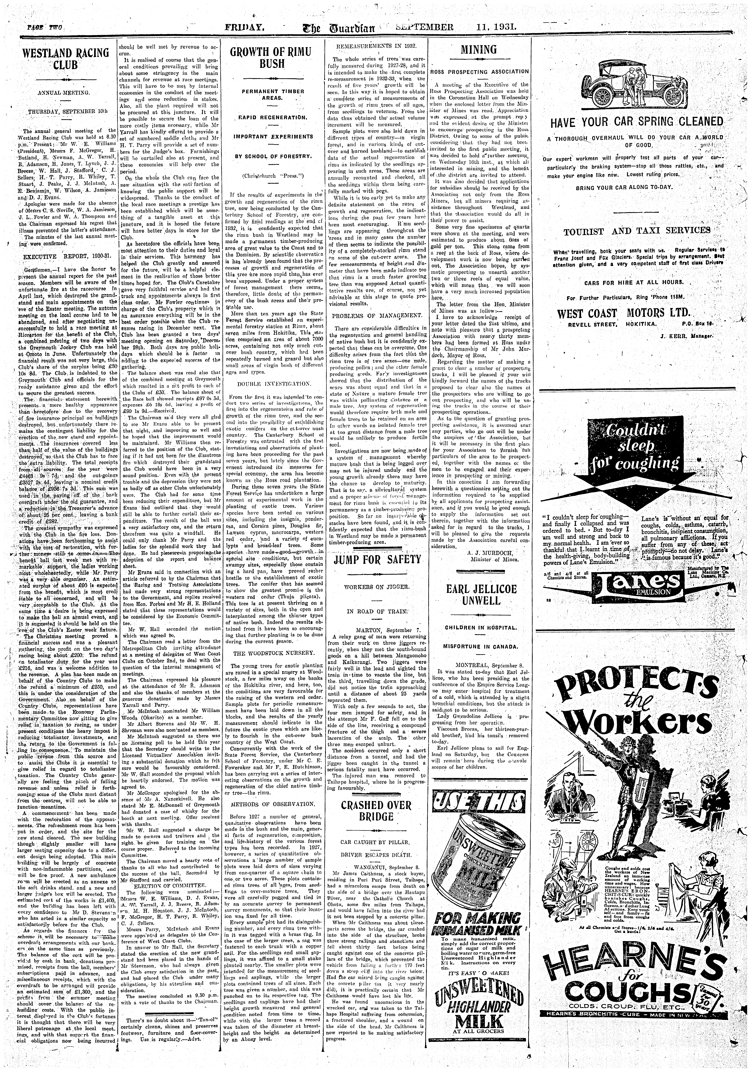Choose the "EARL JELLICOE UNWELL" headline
tap(481, 594)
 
